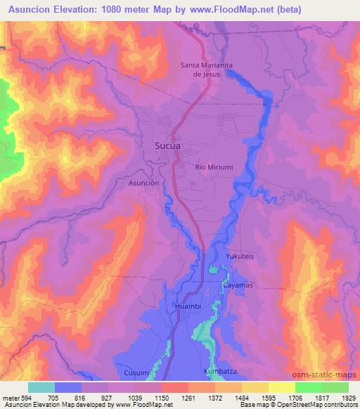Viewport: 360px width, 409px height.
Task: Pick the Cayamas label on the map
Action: point(238,285)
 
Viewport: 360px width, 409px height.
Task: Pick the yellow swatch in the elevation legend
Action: point(281,387)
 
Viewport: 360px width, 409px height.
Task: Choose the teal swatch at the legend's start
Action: point(41,387)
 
